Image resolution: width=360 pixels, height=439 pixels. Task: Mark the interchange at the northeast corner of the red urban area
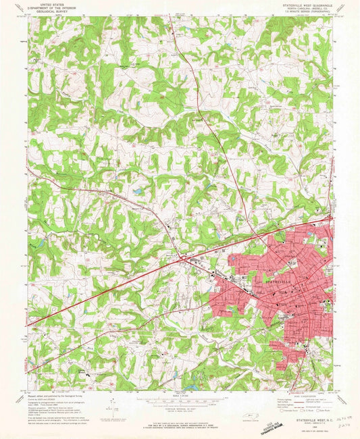tap(329, 218)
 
